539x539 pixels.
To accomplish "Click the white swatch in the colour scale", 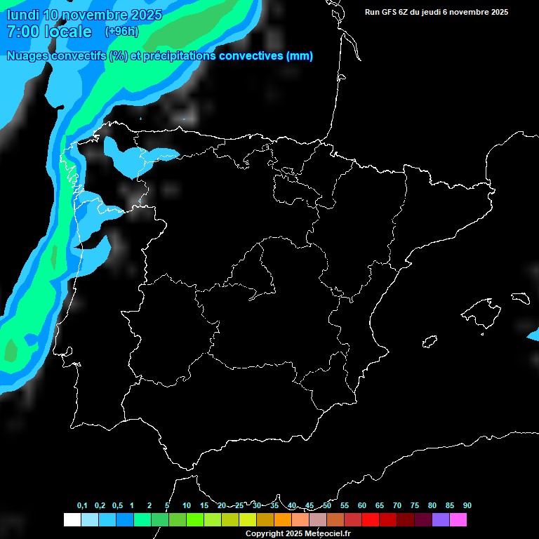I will coord(72,520).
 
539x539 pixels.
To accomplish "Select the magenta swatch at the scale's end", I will coord(458,520).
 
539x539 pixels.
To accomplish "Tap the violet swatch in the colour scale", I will coord(441,520).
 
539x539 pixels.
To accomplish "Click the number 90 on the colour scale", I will coord(467,505).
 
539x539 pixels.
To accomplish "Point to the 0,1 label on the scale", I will coord(82,505).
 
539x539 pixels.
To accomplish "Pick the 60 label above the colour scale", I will coord(362,505).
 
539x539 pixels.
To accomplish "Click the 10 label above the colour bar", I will coord(187,505).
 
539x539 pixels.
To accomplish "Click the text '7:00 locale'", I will coord(48,32).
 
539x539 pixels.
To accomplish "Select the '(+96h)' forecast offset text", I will coord(121,32).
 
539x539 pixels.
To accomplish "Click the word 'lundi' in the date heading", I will coord(22,15).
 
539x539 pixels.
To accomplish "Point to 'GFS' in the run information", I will coord(389,12).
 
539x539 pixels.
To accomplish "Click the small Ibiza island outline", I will coord(430,341).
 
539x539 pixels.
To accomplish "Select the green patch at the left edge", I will coord(11,350).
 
